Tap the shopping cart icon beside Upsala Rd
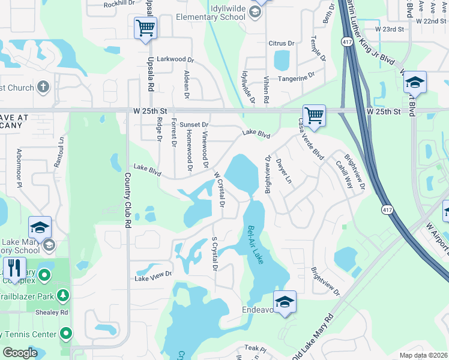coord(146,28)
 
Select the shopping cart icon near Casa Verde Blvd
coord(314,116)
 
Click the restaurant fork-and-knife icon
coord(14,269)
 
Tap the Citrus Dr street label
coord(282,43)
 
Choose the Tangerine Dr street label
coord(297,77)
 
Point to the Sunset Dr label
coord(194,124)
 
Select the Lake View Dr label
coord(153,277)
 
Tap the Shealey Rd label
coord(52,312)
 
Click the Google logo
coord(20,353)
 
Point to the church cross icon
coord(43,88)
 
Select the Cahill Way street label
coord(345,174)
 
